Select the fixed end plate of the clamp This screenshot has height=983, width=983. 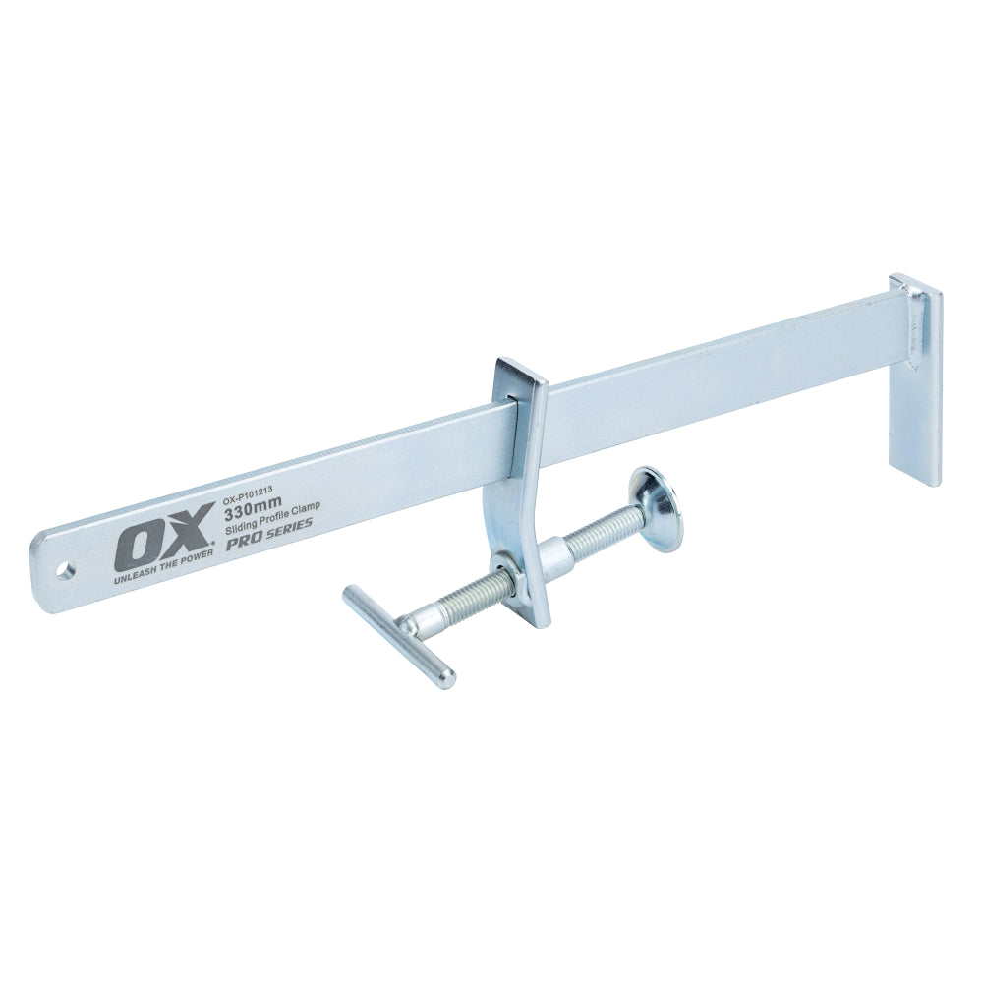tap(915, 383)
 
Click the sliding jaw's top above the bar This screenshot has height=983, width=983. tap(515, 375)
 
